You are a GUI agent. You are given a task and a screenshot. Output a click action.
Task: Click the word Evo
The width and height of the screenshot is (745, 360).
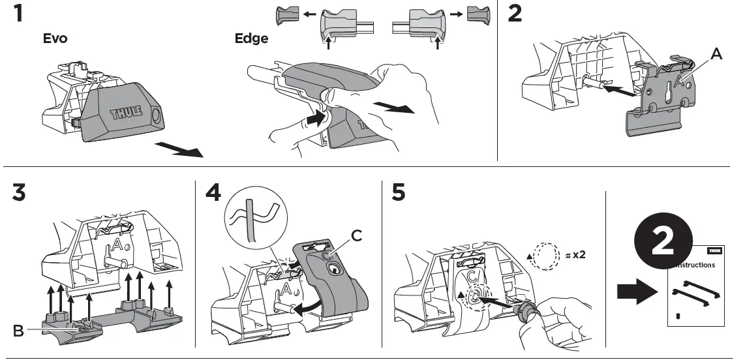pyautogui.click(x=55, y=38)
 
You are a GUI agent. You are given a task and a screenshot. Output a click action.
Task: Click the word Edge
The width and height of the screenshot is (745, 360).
pyautogui.click(x=251, y=38)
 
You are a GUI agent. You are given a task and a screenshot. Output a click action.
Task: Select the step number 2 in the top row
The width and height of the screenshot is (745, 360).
pyautogui.click(x=515, y=14)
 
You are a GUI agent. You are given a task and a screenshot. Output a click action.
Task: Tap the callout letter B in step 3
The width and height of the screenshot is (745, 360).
pyautogui.click(x=20, y=331)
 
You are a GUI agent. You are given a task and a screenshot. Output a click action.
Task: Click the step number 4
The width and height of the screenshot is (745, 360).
pyautogui.click(x=213, y=193)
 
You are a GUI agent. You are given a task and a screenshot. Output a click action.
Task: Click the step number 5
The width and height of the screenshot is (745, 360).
pyautogui.click(x=400, y=193)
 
